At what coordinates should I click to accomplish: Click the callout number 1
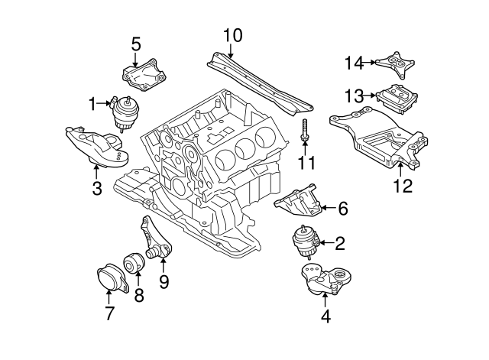(93, 102)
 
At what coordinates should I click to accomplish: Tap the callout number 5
(136, 44)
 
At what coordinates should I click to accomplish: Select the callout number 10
(233, 34)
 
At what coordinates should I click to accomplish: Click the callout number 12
(402, 185)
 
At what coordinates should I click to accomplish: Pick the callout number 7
(109, 312)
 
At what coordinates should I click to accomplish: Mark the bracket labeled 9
(155, 238)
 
